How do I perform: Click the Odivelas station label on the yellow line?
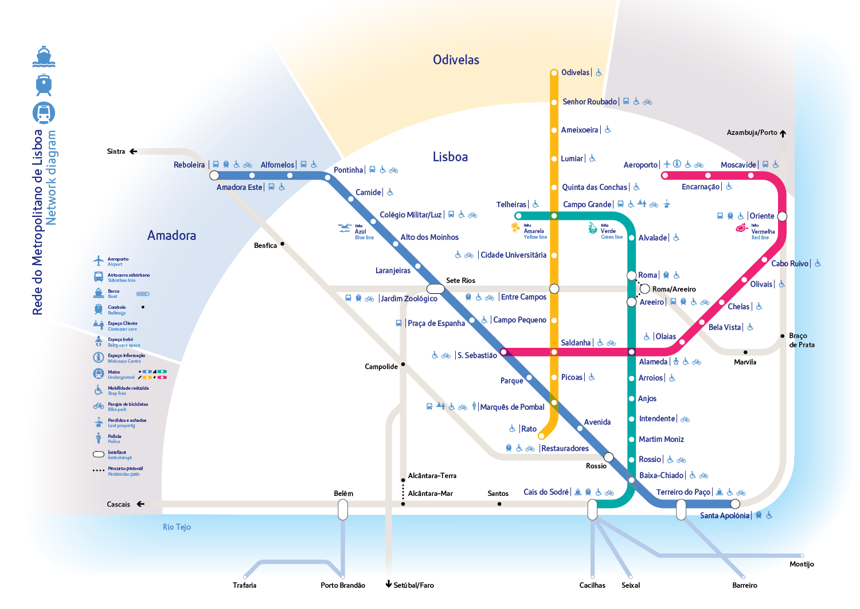(575, 72)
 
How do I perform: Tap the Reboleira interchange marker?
(214, 175)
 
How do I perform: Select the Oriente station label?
(761, 216)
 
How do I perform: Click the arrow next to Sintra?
(133, 152)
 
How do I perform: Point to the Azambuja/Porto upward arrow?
(783, 133)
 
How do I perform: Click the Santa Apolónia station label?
(724, 515)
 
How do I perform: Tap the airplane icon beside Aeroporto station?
(667, 164)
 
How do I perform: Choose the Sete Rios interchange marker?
(435, 288)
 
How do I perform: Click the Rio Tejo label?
(177, 527)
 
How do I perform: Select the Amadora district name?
(171, 235)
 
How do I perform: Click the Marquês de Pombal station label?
(512, 407)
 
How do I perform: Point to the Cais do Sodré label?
(546, 492)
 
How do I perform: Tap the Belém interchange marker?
(343, 509)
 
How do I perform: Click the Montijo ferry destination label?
(802, 564)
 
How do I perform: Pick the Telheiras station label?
(511, 204)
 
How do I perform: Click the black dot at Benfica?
(282, 244)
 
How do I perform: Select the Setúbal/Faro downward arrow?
(389, 584)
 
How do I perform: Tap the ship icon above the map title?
(44, 56)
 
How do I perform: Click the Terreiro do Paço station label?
(683, 492)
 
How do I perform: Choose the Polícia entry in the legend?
(114, 439)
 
